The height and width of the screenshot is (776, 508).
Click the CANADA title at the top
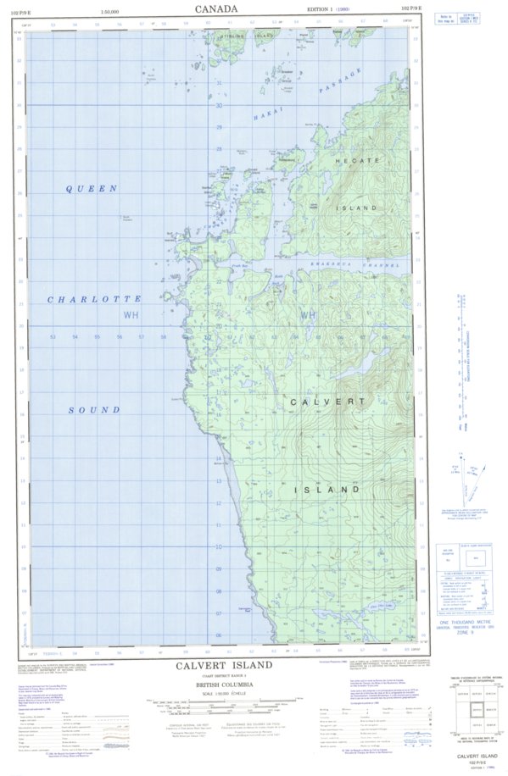pos(216,9)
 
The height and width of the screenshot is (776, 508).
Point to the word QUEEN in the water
pos(92,189)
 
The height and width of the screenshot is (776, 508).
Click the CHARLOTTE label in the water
pos(94,300)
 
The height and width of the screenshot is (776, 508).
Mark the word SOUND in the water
pos(93,410)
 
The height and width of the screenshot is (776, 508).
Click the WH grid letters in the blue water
pos(131,316)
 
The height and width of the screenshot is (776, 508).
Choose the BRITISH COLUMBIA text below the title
pos(225,683)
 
